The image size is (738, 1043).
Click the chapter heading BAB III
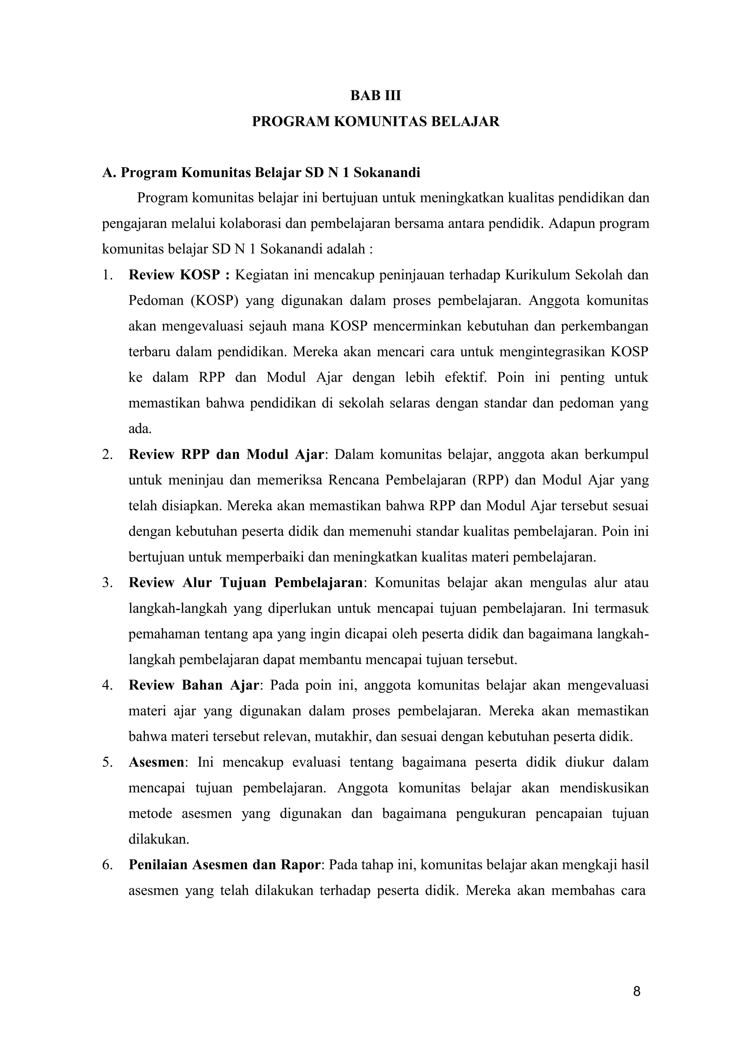pos(375,96)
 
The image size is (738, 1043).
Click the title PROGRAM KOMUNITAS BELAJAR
pos(375,122)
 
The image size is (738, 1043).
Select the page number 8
pos(636,991)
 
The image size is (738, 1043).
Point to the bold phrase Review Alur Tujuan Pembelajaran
pos(245,583)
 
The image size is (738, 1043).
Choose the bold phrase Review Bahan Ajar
pos(194,685)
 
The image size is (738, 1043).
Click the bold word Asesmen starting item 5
pos(156,762)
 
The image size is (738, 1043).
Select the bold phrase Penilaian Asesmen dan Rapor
pos(224,865)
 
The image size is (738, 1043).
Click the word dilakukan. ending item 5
pos(159,840)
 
